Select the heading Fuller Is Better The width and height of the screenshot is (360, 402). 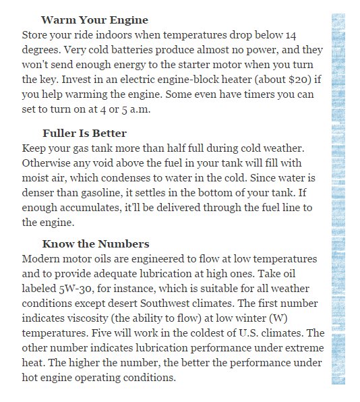[x=84, y=133]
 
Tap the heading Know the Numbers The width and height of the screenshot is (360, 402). [x=96, y=244]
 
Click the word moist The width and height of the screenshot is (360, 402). [x=37, y=177]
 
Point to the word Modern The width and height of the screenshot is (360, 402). [x=42, y=259]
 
